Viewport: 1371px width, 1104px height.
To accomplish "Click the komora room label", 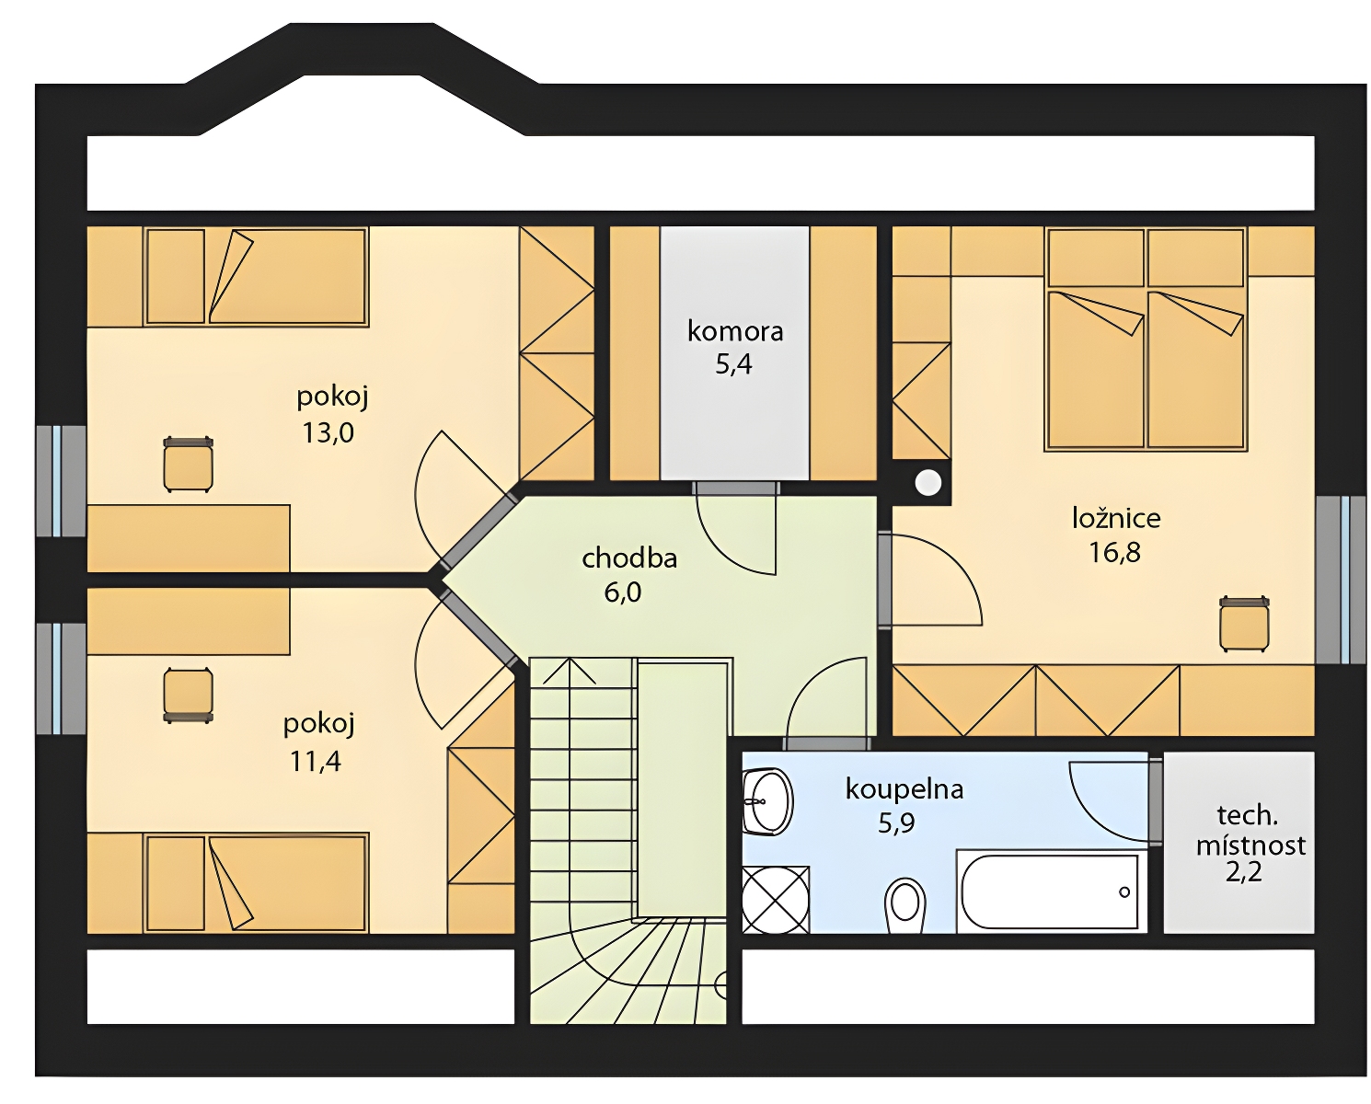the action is click(734, 331).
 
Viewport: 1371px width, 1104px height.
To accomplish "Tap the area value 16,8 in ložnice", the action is click(1114, 552).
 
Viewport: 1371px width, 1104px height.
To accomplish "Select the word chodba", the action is click(629, 558).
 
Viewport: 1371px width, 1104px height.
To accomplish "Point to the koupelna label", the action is click(904, 789).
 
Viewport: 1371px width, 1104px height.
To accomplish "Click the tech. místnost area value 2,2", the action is click(1244, 872).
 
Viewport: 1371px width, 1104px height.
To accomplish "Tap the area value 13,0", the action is click(328, 433).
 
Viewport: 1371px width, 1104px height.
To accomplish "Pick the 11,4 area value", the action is click(316, 761).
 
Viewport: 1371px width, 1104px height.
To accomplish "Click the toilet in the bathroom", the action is click(904, 906).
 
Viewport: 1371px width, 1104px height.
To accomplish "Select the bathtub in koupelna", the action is click(1051, 892).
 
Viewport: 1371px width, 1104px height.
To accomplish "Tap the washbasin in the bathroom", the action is click(767, 801).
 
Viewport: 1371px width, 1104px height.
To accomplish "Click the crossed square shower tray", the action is click(776, 900).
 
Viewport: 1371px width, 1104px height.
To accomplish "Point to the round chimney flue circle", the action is click(928, 483).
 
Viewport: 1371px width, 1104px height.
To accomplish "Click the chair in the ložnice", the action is click(1244, 625).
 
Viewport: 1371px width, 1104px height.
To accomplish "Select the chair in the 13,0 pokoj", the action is click(188, 465).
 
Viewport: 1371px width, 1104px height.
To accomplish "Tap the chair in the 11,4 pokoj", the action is click(188, 696).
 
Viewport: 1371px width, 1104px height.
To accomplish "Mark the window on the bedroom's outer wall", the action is click(1341, 581).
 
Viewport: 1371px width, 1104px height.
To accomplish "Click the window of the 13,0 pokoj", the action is click(61, 481).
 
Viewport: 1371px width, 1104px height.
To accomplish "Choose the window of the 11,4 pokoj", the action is click(61, 679).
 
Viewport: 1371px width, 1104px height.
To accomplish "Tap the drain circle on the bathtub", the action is click(1124, 891).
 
